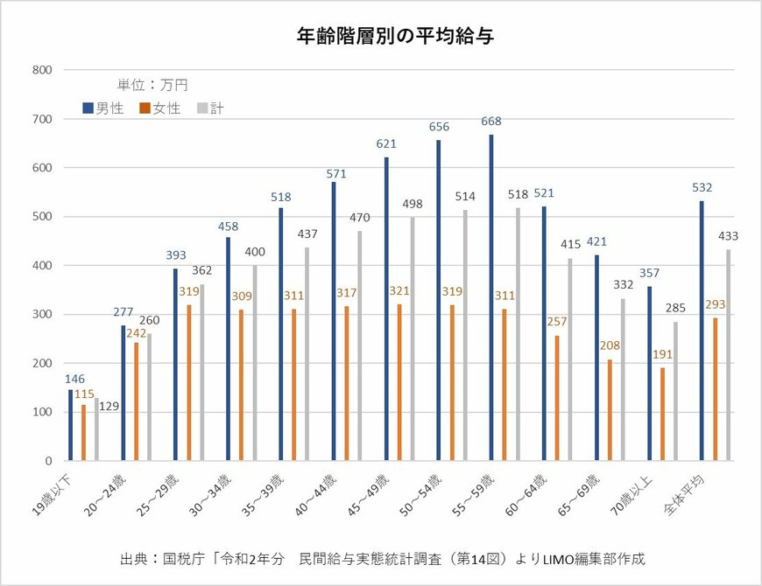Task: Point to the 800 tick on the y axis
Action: (x=42, y=70)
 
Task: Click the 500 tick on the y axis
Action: (x=42, y=217)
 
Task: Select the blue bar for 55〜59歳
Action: (x=491, y=297)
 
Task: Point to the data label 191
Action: (x=662, y=355)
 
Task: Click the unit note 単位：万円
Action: (x=152, y=85)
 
